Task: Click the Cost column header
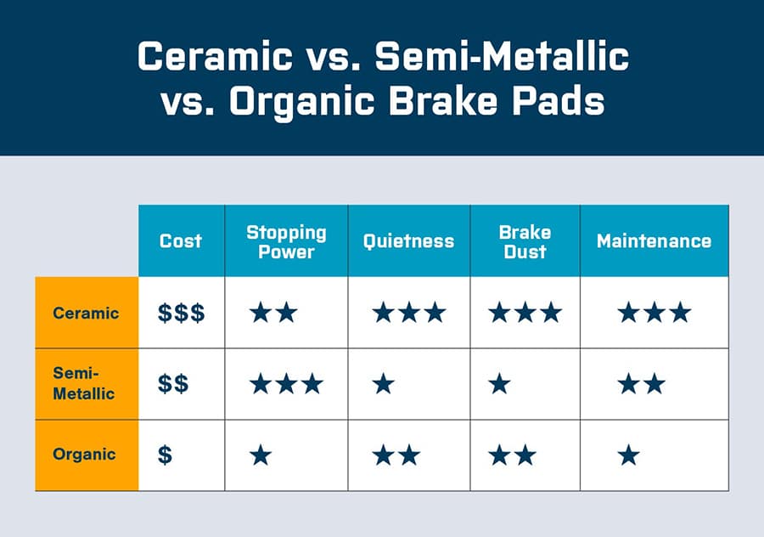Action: click(181, 240)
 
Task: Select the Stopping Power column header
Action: click(286, 240)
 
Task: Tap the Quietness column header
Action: click(408, 240)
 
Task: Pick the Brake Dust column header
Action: click(525, 240)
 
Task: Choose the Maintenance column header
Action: click(654, 240)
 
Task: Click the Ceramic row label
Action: click(86, 312)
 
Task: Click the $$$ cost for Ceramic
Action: click(181, 313)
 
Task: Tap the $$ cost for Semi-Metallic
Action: click(173, 384)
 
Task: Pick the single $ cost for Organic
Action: click(165, 455)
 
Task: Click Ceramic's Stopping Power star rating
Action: click(273, 313)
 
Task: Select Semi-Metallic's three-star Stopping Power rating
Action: click(286, 384)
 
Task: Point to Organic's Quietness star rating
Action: click(396, 455)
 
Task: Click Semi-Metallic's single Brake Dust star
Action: click(500, 384)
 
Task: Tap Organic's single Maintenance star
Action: click(628, 455)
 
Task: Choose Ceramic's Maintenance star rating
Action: click(654, 313)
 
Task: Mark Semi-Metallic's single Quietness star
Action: click(384, 384)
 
